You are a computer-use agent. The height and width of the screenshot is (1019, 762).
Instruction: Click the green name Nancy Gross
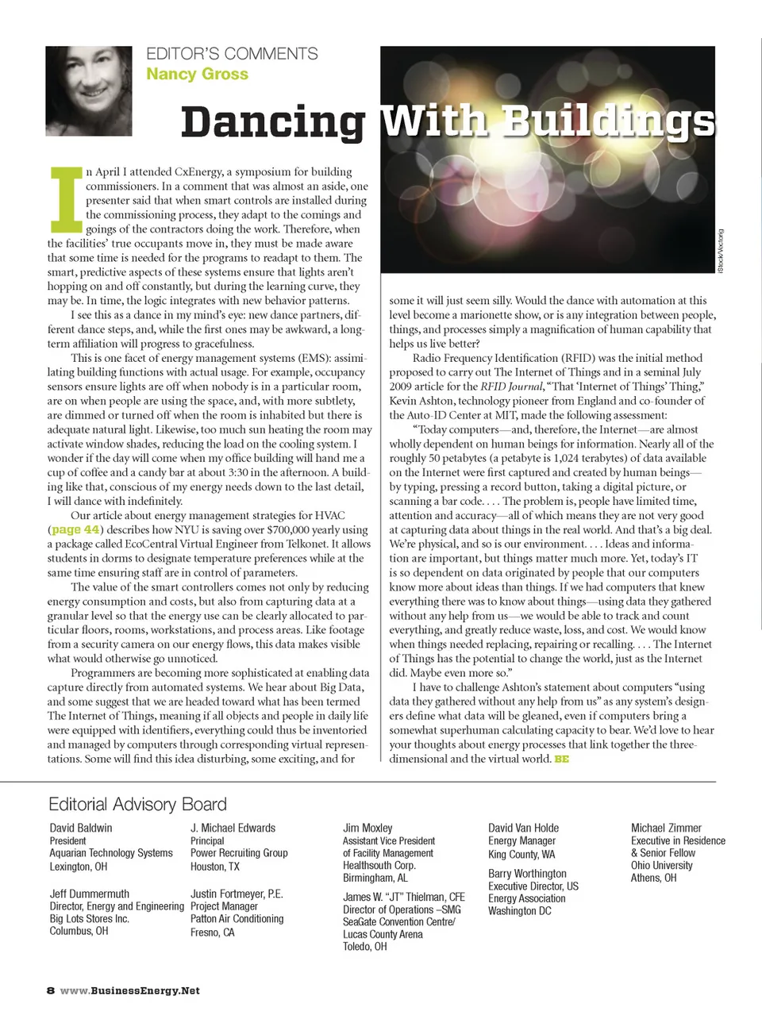[197, 74]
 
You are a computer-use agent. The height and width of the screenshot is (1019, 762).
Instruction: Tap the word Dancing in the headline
[273, 123]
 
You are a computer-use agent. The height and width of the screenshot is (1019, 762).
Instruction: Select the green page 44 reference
[75, 529]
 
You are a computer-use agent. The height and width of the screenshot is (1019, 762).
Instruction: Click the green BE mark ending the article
[562, 759]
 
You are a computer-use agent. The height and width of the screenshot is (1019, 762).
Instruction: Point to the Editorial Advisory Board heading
[137, 804]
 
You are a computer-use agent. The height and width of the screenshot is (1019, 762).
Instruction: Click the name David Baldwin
[81, 828]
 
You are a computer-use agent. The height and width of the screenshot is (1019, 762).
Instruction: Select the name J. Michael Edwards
[233, 828]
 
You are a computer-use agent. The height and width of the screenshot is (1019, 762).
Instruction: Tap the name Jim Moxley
[368, 828]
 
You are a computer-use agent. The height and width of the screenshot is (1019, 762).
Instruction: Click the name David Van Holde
[523, 828]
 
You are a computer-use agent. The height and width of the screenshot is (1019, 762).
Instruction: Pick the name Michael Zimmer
[666, 828]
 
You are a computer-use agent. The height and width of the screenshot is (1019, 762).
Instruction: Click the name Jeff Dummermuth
[89, 894]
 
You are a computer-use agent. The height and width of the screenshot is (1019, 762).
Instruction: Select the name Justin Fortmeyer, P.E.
[237, 894]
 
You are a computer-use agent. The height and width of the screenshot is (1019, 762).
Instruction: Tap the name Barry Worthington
[527, 873]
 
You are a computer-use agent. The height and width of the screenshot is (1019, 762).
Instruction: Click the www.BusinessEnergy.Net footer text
[130, 990]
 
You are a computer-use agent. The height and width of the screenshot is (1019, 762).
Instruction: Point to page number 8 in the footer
[51, 990]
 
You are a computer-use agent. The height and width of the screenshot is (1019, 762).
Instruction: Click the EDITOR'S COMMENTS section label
[232, 54]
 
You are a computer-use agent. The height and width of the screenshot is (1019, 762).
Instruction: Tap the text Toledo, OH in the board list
[365, 946]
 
